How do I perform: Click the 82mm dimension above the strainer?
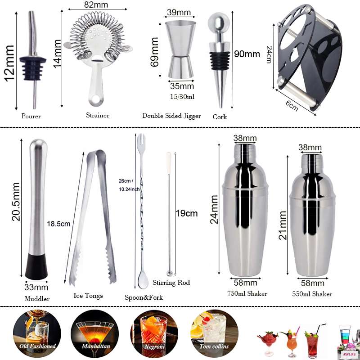96,4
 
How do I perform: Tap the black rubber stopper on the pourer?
33,68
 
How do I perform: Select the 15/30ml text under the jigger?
182,97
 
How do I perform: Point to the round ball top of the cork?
219,23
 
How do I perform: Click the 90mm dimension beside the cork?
247,54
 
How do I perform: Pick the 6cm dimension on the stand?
292,106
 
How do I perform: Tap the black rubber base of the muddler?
36,266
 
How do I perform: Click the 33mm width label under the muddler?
36,287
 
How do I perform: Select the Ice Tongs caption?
88,296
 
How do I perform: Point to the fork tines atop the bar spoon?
141,139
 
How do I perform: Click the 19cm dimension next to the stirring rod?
187,213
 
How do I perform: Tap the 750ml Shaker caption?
247,294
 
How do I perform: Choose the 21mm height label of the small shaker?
283,225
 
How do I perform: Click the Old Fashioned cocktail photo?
37,333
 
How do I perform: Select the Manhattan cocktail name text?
96,346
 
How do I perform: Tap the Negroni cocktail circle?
154,333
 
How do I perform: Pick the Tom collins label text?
214,346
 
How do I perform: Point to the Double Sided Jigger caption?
171,116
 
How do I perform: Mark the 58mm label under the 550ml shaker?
312,283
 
